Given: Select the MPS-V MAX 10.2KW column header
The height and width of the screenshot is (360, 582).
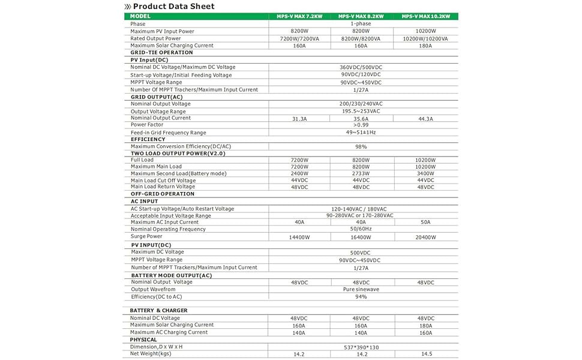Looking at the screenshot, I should click(x=425, y=16).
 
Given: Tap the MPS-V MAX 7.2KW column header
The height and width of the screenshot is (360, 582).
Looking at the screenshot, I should click(x=299, y=16).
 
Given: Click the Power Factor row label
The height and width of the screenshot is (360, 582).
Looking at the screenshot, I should click(x=146, y=125).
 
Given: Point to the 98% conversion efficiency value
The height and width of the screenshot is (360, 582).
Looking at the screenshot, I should click(x=361, y=146).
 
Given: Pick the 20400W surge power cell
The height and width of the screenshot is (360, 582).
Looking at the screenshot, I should click(x=425, y=237).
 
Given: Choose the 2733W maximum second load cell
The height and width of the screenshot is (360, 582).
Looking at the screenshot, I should click(x=361, y=173).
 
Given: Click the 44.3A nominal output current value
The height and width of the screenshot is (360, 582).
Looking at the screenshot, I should click(x=425, y=119).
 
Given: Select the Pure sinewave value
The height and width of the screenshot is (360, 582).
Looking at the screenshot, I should click(x=361, y=289).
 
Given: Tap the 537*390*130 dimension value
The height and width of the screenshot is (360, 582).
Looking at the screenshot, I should click(x=361, y=347).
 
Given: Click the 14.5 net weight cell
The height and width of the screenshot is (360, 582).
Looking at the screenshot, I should click(x=425, y=354).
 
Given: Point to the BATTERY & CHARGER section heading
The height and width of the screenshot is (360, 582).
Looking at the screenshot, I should click(x=158, y=310).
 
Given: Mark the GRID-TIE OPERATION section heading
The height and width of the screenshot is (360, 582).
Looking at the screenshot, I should click(x=161, y=52).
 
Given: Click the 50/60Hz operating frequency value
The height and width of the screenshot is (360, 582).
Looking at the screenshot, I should click(x=361, y=229).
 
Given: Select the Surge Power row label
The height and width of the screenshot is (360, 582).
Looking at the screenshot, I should click(x=146, y=236).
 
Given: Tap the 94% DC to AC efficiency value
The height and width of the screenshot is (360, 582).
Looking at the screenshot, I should click(x=361, y=296).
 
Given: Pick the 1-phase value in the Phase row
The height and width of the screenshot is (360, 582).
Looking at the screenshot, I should click(x=361, y=24).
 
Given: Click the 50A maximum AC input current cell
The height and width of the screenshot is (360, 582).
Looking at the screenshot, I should click(x=425, y=222).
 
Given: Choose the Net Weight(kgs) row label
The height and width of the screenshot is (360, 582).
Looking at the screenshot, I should click(x=151, y=353).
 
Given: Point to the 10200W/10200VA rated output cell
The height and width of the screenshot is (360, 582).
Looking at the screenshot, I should click(x=425, y=38).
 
